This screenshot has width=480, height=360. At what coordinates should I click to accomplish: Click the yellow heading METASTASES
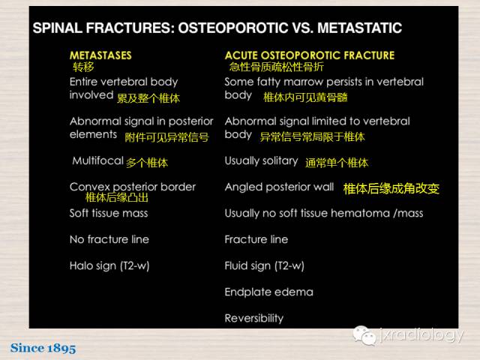pyautogui.click(x=100, y=55)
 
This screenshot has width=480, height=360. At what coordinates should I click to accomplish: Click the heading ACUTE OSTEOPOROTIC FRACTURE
pyautogui.click(x=310, y=55)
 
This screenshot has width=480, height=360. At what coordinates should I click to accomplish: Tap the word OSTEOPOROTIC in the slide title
pyautogui.click(x=233, y=28)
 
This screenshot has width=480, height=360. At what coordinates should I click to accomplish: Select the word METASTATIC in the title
pyautogui.click(x=359, y=28)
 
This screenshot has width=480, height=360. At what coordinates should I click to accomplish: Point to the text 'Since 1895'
pyautogui.click(x=43, y=348)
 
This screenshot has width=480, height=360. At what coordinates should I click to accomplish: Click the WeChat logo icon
pyautogui.click(x=364, y=335)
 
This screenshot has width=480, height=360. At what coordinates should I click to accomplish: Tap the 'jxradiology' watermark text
pyautogui.click(x=421, y=335)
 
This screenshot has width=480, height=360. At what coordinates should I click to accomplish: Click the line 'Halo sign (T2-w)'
pyautogui.click(x=109, y=265)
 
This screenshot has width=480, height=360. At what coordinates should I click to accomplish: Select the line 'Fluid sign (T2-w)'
pyautogui.click(x=264, y=265)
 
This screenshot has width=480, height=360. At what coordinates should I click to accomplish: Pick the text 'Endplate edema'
pyautogui.click(x=268, y=292)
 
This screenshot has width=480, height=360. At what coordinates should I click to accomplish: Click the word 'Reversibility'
pyautogui.click(x=254, y=318)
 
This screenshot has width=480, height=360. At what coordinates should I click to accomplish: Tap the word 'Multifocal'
pyautogui.click(x=97, y=160)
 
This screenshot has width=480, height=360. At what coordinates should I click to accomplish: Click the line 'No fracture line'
pyautogui.click(x=109, y=239)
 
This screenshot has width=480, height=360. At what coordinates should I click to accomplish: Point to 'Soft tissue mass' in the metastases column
pyautogui.click(x=109, y=213)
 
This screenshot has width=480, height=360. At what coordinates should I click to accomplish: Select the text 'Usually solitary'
pyautogui.click(x=261, y=161)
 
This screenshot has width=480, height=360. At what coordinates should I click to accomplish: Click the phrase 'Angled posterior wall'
pyautogui.click(x=279, y=187)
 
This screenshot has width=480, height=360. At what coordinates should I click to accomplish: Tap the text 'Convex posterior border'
pyautogui.click(x=133, y=187)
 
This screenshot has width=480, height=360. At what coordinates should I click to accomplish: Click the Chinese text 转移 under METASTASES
pyautogui.click(x=83, y=67)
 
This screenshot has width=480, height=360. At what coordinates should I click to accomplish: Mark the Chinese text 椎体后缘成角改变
pyautogui.click(x=391, y=188)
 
